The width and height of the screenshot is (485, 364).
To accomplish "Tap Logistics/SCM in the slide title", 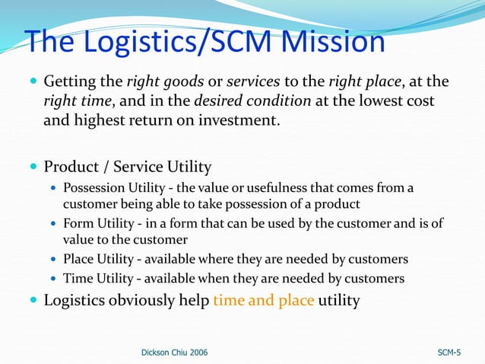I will [161, 43].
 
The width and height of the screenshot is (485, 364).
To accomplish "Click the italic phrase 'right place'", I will [363, 81].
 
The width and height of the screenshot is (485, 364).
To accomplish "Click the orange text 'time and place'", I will [263, 300].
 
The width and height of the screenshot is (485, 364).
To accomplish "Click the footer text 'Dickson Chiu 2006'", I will [174, 353].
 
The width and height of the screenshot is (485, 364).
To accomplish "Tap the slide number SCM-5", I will [449, 353].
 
